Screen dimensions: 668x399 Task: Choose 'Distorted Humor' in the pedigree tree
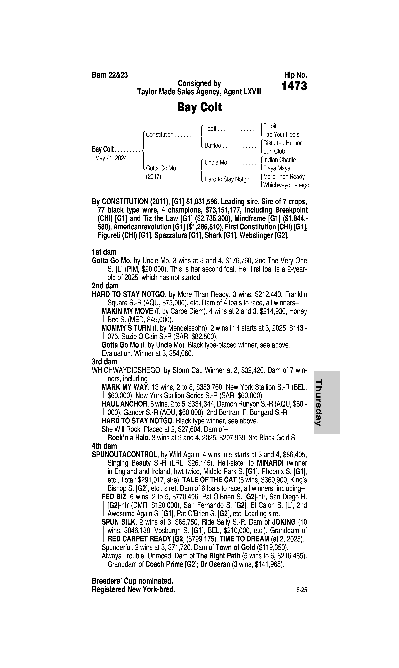[x=282, y=143]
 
